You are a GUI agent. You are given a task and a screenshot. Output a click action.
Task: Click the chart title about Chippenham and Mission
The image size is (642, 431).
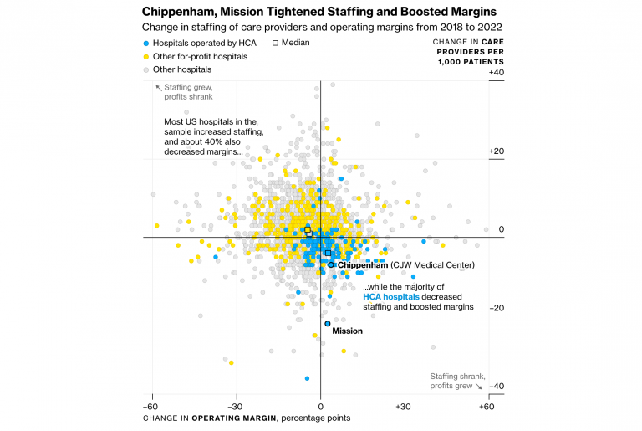tap(318, 12)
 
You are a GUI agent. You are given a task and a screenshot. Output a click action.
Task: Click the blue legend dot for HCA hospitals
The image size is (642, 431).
tap(146, 42)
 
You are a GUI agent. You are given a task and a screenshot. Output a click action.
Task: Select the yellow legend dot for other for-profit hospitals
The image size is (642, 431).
tap(146, 55)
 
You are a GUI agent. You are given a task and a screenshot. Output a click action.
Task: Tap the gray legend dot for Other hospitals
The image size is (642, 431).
tap(146, 69)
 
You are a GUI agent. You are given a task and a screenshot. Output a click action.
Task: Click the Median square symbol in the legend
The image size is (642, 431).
tap(277, 42)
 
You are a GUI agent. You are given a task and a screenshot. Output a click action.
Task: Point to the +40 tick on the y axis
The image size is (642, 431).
tap(496, 74)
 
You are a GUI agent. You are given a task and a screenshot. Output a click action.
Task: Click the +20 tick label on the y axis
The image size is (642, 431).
tap(496, 151)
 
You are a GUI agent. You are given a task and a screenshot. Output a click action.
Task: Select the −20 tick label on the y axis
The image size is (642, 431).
tap(496, 308)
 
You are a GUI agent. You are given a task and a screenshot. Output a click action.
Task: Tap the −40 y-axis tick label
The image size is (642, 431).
tap(496, 386)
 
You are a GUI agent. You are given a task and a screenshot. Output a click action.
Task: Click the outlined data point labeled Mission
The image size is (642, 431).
tap(328, 323)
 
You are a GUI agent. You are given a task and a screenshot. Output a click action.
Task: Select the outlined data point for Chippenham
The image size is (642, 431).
tap(331, 265)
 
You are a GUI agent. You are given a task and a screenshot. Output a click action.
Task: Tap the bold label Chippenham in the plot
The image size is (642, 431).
tap(362, 265)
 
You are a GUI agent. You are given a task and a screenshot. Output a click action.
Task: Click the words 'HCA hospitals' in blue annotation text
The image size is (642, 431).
tap(391, 296)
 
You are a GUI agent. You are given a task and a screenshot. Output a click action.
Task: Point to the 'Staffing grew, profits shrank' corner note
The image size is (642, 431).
tap(189, 91)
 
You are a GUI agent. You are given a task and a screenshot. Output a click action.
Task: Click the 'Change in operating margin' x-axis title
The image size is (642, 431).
tap(246, 418)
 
